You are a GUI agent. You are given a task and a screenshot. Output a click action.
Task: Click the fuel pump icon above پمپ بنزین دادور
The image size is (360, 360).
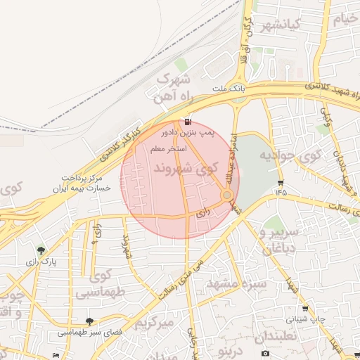[x=187, y=122]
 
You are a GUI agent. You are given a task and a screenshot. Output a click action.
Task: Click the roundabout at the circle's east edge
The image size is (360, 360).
[x=227, y=195]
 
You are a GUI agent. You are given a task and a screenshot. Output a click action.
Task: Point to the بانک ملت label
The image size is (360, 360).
[x=231, y=89]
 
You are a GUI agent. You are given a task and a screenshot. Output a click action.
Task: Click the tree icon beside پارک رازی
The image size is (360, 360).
[x=41, y=250]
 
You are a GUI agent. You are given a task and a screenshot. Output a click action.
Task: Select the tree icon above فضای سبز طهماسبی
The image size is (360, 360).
[x=89, y=321]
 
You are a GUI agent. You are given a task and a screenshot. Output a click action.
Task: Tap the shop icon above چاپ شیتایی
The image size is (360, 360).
[x=304, y=308]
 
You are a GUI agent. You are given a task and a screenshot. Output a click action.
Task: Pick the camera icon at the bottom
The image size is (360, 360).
[x=264, y=352]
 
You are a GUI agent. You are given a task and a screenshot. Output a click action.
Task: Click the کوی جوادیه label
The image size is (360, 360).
[x=290, y=155]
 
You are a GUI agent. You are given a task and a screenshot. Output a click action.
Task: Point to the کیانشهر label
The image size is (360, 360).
[x=280, y=26]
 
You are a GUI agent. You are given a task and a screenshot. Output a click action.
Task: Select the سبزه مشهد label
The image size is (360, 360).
[x=237, y=283]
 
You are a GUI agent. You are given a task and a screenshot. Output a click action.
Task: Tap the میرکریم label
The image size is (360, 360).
[x=153, y=323]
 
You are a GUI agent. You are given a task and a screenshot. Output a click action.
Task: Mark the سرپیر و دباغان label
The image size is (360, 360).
[x=280, y=239]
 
